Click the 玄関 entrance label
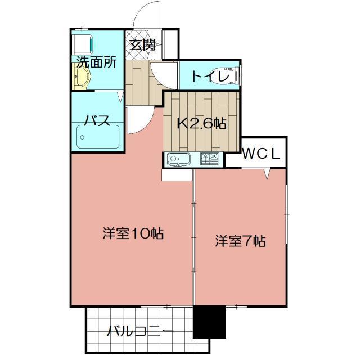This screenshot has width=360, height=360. (142, 46)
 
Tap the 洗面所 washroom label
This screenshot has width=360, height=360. (97, 61)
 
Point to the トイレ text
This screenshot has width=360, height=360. (209, 76)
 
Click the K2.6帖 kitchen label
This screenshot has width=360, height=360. (202, 123)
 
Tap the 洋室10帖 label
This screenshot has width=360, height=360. (133, 233)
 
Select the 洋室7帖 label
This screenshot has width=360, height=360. (240, 241)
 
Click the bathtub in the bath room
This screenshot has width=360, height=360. (98, 137)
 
